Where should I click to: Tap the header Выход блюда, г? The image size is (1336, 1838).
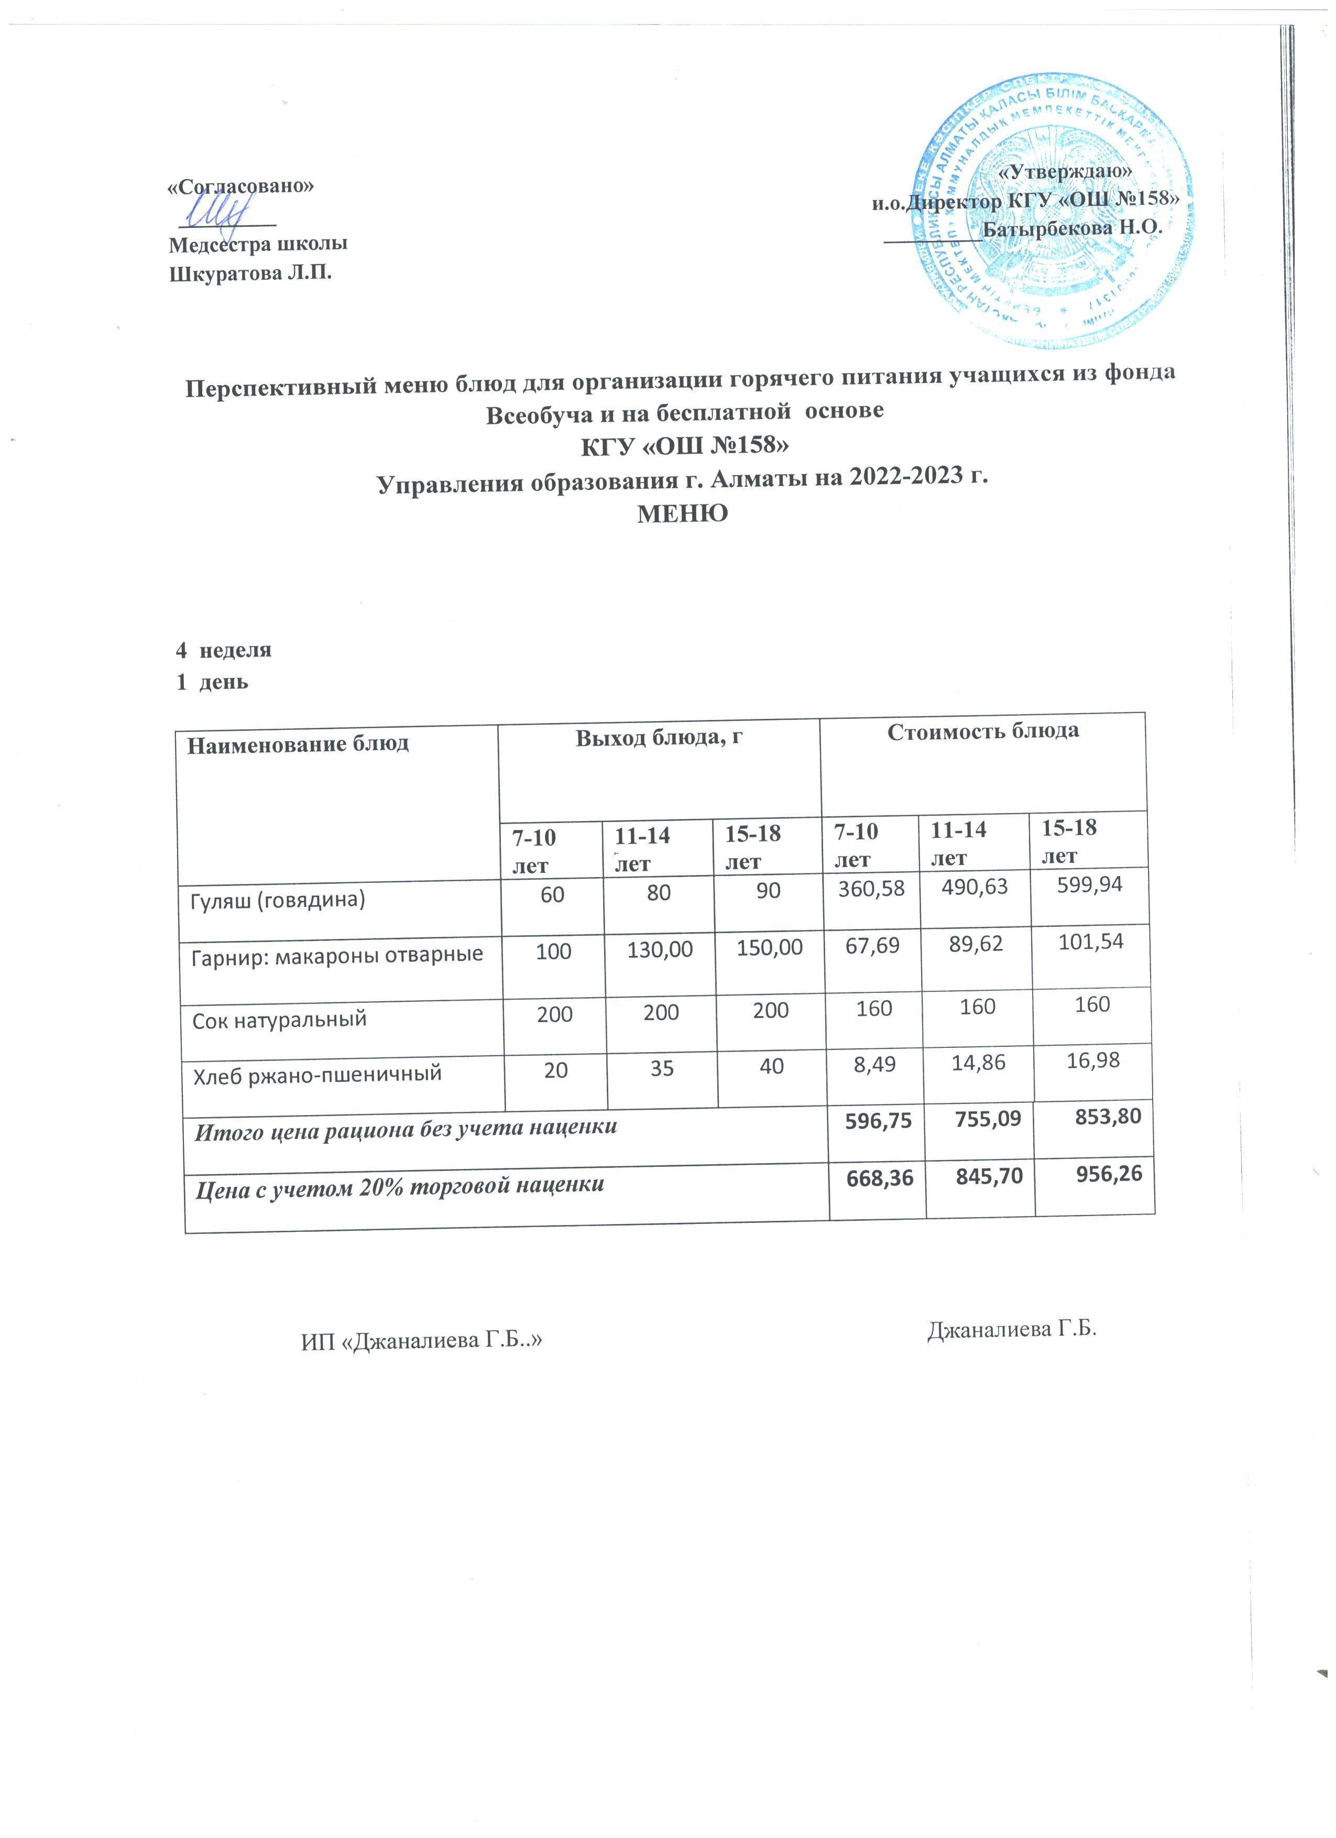click(659, 738)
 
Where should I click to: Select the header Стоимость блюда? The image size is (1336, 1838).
click(983, 731)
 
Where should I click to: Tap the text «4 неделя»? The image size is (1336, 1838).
click(224, 650)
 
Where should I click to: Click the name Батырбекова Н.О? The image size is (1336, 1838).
click(1072, 228)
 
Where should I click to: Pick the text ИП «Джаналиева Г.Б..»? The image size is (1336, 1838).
click(421, 1341)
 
